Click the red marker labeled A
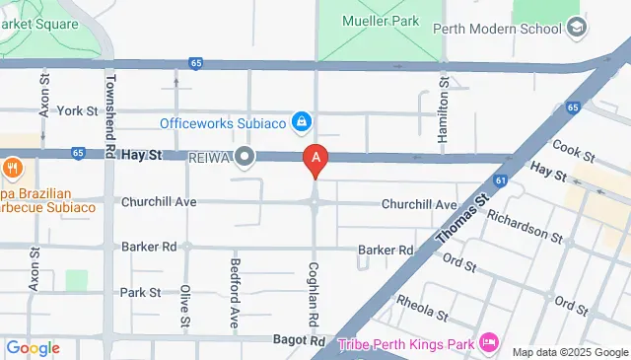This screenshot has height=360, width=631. [x=315, y=158]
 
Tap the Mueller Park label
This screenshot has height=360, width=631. [x=382, y=20]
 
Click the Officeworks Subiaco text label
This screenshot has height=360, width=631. [x=222, y=123]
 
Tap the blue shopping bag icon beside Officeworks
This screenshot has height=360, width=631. [x=304, y=123]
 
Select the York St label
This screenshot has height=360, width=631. [x=78, y=111]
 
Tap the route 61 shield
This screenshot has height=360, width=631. [x=501, y=180]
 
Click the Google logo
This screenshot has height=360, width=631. [x=33, y=348]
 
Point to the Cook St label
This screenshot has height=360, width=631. [x=574, y=150]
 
